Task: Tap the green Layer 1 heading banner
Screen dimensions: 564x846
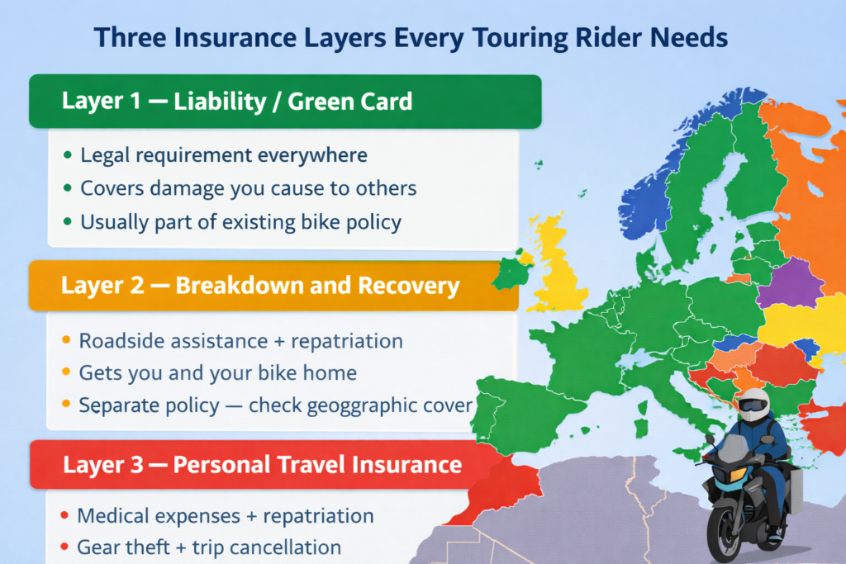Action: coord(285,102)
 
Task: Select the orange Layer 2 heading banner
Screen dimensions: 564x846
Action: coord(273,286)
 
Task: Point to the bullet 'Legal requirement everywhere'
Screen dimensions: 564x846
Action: coord(223,155)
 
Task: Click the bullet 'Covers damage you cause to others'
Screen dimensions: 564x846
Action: coord(248,188)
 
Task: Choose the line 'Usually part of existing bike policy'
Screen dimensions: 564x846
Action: coord(240,222)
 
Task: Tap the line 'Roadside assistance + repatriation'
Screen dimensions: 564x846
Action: coord(240,340)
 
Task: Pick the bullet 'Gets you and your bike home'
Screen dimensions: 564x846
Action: coord(217,373)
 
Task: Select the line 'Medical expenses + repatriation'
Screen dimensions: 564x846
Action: coord(225,517)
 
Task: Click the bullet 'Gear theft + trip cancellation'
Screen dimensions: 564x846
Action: coord(208,547)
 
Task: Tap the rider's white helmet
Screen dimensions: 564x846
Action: coord(753,405)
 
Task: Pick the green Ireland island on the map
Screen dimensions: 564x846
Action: coord(512,273)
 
